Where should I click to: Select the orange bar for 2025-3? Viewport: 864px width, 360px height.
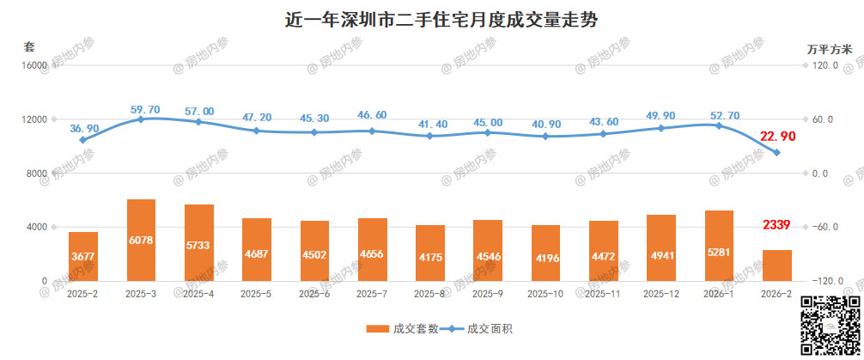(141, 240)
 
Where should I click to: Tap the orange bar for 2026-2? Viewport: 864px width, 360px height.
(776, 265)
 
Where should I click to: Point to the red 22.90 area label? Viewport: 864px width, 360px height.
(778, 137)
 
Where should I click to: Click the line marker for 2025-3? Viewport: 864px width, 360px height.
(141, 119)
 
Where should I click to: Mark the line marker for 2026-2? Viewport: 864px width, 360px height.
(776, 153)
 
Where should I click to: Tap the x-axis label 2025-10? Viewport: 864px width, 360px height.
(545, 294)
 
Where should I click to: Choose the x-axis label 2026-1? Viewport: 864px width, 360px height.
(719, 294)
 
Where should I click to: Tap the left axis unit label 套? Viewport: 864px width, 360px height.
(28, 46)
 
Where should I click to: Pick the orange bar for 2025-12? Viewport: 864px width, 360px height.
(661, 247)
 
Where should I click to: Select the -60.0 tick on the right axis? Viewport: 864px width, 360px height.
(825, 227)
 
